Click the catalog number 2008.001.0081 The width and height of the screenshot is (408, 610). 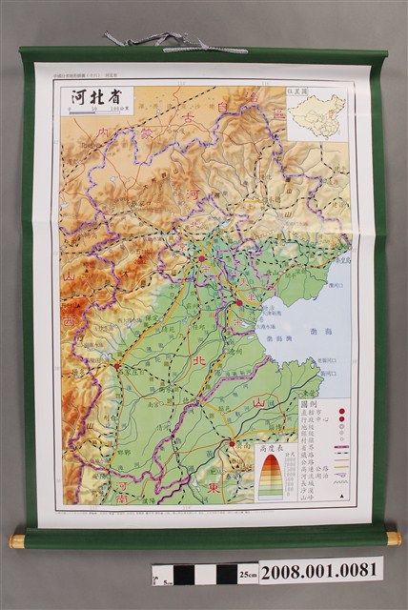point(320,571)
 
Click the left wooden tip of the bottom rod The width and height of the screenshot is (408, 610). point(16,540)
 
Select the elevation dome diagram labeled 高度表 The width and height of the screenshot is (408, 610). point(270,476)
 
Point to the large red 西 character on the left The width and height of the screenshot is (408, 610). point(69,321)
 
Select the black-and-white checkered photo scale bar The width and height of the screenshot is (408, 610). point(195,574)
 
